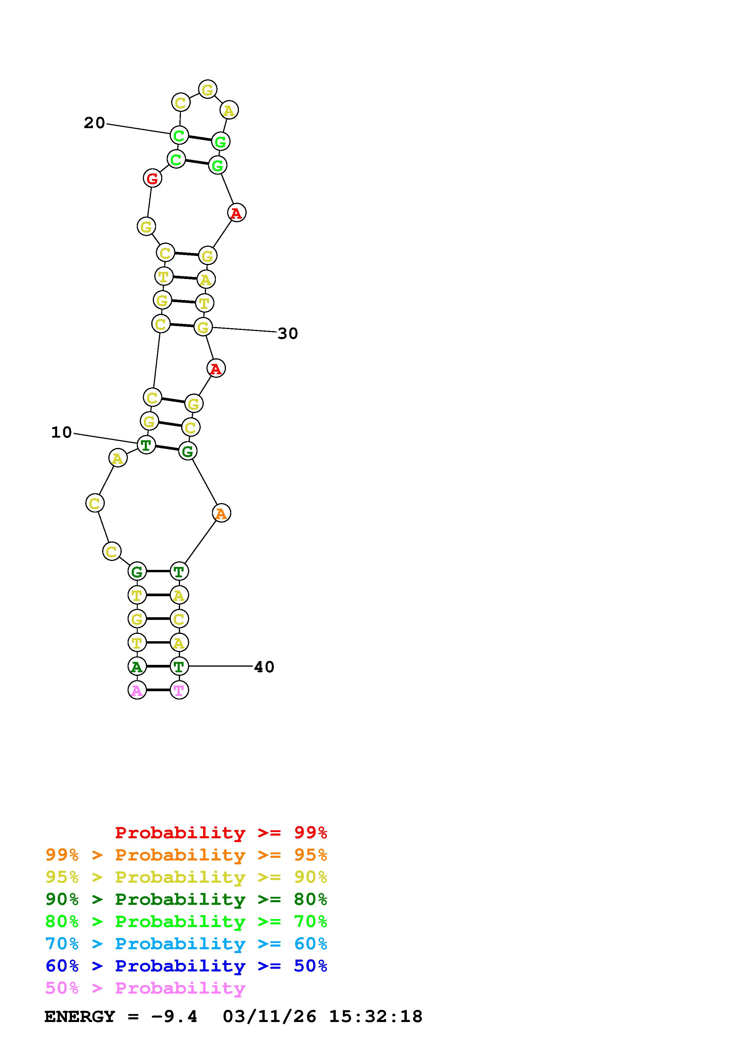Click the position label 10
click(x=62, y=433)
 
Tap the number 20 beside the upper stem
click(x=94, y=123)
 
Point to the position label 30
click(x=288, y=334)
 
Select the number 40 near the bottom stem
click(x=264, y=667)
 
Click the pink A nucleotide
click(x=137, y=690)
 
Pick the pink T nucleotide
click(x=179, y=690)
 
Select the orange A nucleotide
click(x=221, y=513)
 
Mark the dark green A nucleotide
click(x=137, y=666)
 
